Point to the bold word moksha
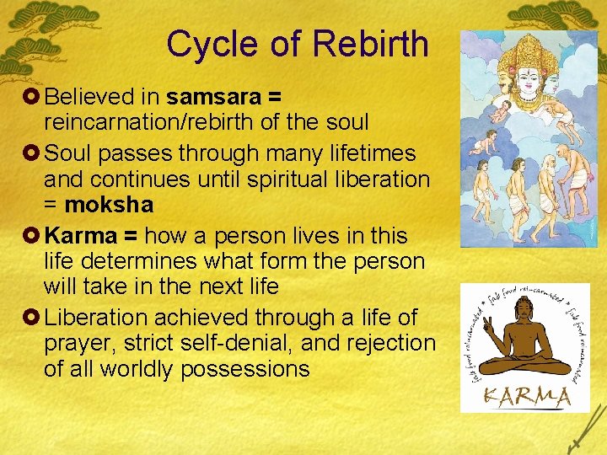tap(109, 205)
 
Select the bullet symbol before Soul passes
tap(32, 153)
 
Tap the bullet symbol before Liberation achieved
tap(32, 318)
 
